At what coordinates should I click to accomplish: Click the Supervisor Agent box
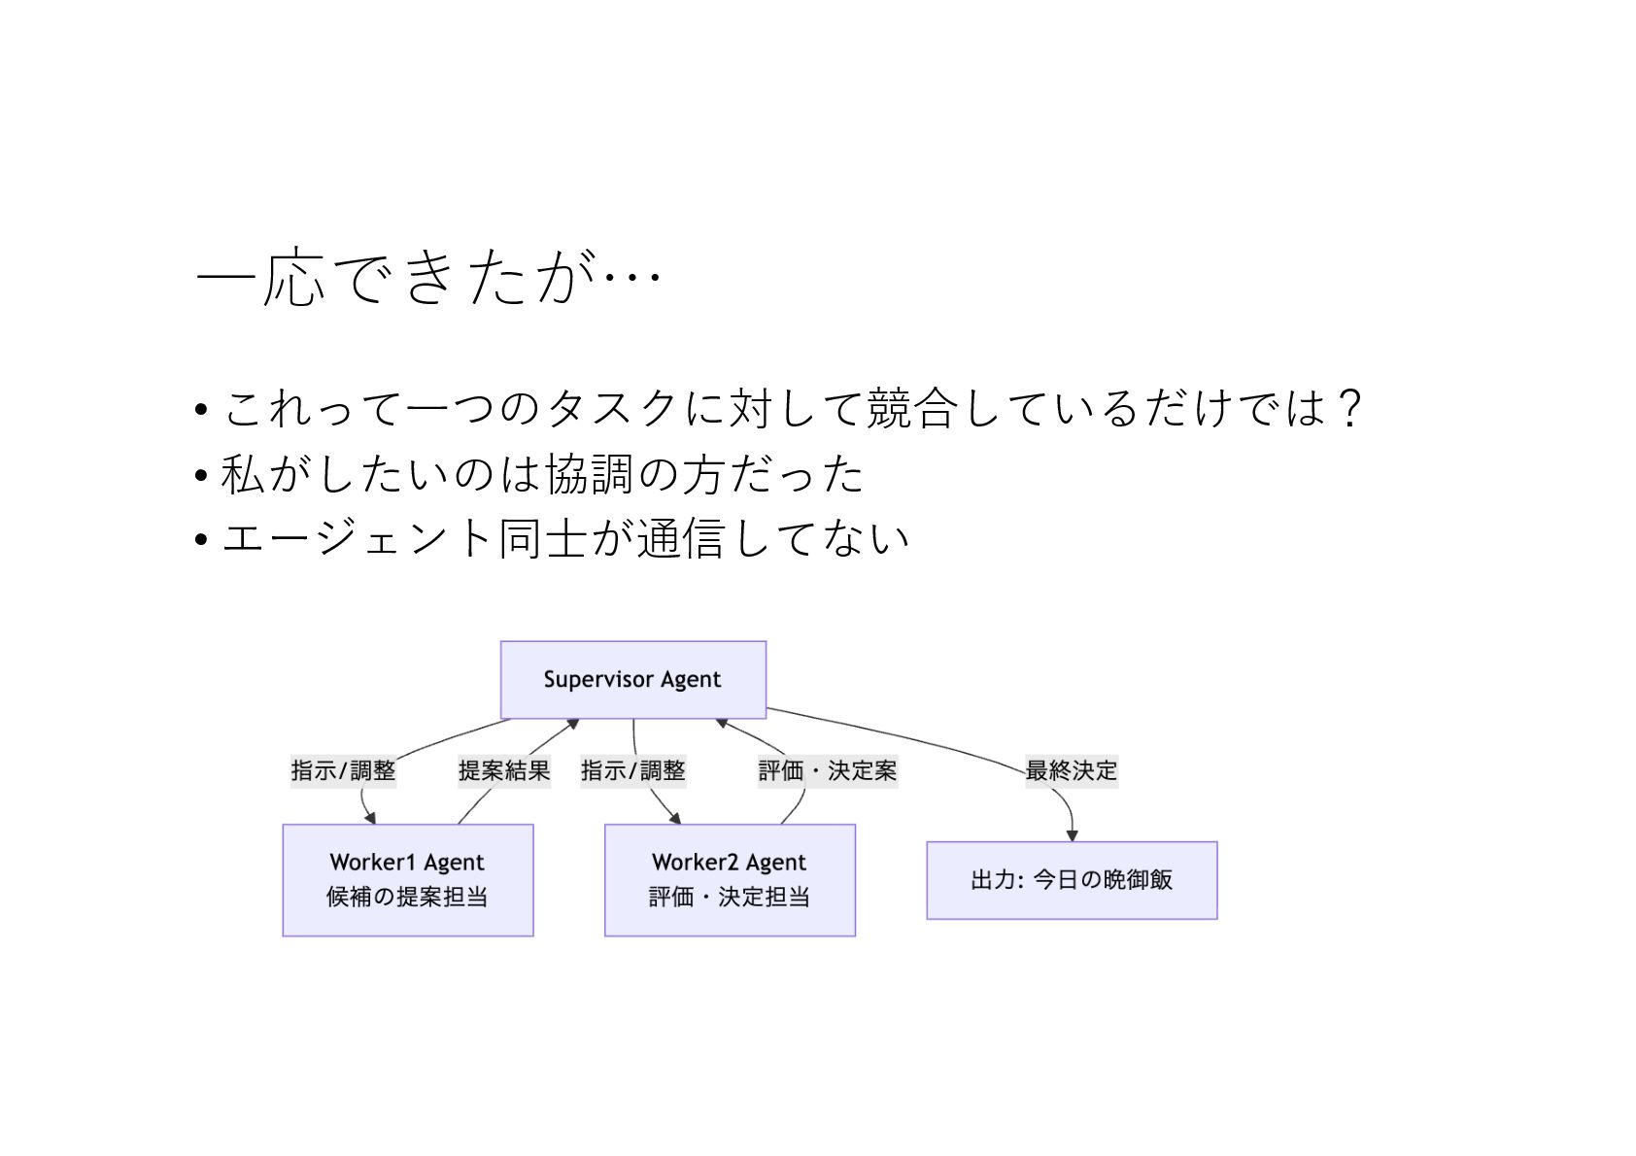(x=632, y=679)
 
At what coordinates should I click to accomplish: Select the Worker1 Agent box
(x=407, y=879)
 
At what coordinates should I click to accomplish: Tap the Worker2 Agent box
(x=730, y=879)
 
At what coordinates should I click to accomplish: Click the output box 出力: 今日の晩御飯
(x=1072, y=880)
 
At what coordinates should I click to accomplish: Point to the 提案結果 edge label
(x=504, y=771)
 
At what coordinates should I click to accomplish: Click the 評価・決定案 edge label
(x=828, y=771)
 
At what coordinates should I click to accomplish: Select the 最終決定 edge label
(x=1072, y=771)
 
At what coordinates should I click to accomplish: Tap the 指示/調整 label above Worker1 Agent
(x=343, y=771)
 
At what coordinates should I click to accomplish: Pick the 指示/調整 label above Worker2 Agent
(x=633, y=771)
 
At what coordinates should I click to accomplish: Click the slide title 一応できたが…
(x=427, y=279)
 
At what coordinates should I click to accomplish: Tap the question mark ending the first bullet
(x=1348, y=408)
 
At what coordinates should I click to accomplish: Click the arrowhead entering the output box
(x=1073, y=835)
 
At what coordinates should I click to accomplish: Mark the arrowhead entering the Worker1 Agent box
(x=370, y=819)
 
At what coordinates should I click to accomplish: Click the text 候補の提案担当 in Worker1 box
(x=407, y=897)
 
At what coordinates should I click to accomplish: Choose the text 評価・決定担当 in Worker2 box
(x=730, y=897)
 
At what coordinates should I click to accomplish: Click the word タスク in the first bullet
(x=612, y=408)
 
